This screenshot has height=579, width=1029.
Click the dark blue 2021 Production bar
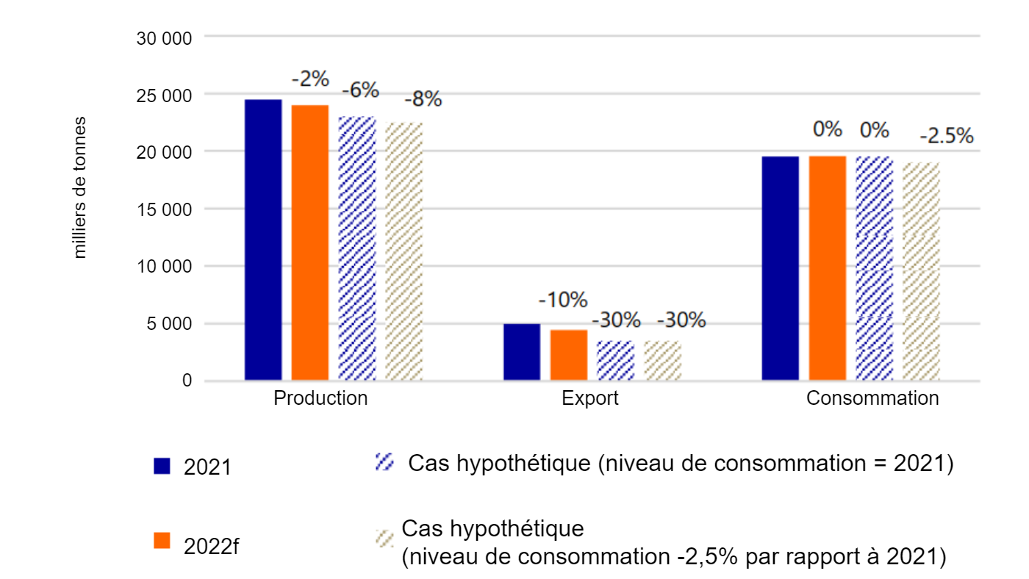click(x=263, y=240)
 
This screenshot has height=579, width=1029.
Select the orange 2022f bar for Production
click(x=310, y=242)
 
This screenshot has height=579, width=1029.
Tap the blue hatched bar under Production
click(x=357, y=248)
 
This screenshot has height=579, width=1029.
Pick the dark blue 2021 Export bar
click(x=522, y=352)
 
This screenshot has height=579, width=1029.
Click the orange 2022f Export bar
click(x=569, y=355)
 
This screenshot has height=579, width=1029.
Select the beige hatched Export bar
click(x=663, y=361)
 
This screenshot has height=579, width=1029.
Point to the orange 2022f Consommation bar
click(x=828, y=268)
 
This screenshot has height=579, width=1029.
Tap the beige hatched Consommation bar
click(x=922, y=271)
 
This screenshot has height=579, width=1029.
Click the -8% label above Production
click(x=423, y=98)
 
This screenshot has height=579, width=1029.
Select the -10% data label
click(x=563, y=300)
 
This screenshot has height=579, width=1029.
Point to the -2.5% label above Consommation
click(x=947, y=136)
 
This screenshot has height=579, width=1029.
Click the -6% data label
click(x=360, y=90)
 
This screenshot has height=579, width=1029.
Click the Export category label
click(x=589, y=399)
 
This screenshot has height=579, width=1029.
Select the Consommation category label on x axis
click(x=872, y=399)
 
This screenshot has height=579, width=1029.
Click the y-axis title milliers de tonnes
click(x=79, y=187)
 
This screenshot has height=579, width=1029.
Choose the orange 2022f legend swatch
click(x=162, y=540)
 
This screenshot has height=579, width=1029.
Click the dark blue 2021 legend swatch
click(x=162, y=466)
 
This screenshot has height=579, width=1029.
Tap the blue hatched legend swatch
click(x=384, y=462)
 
